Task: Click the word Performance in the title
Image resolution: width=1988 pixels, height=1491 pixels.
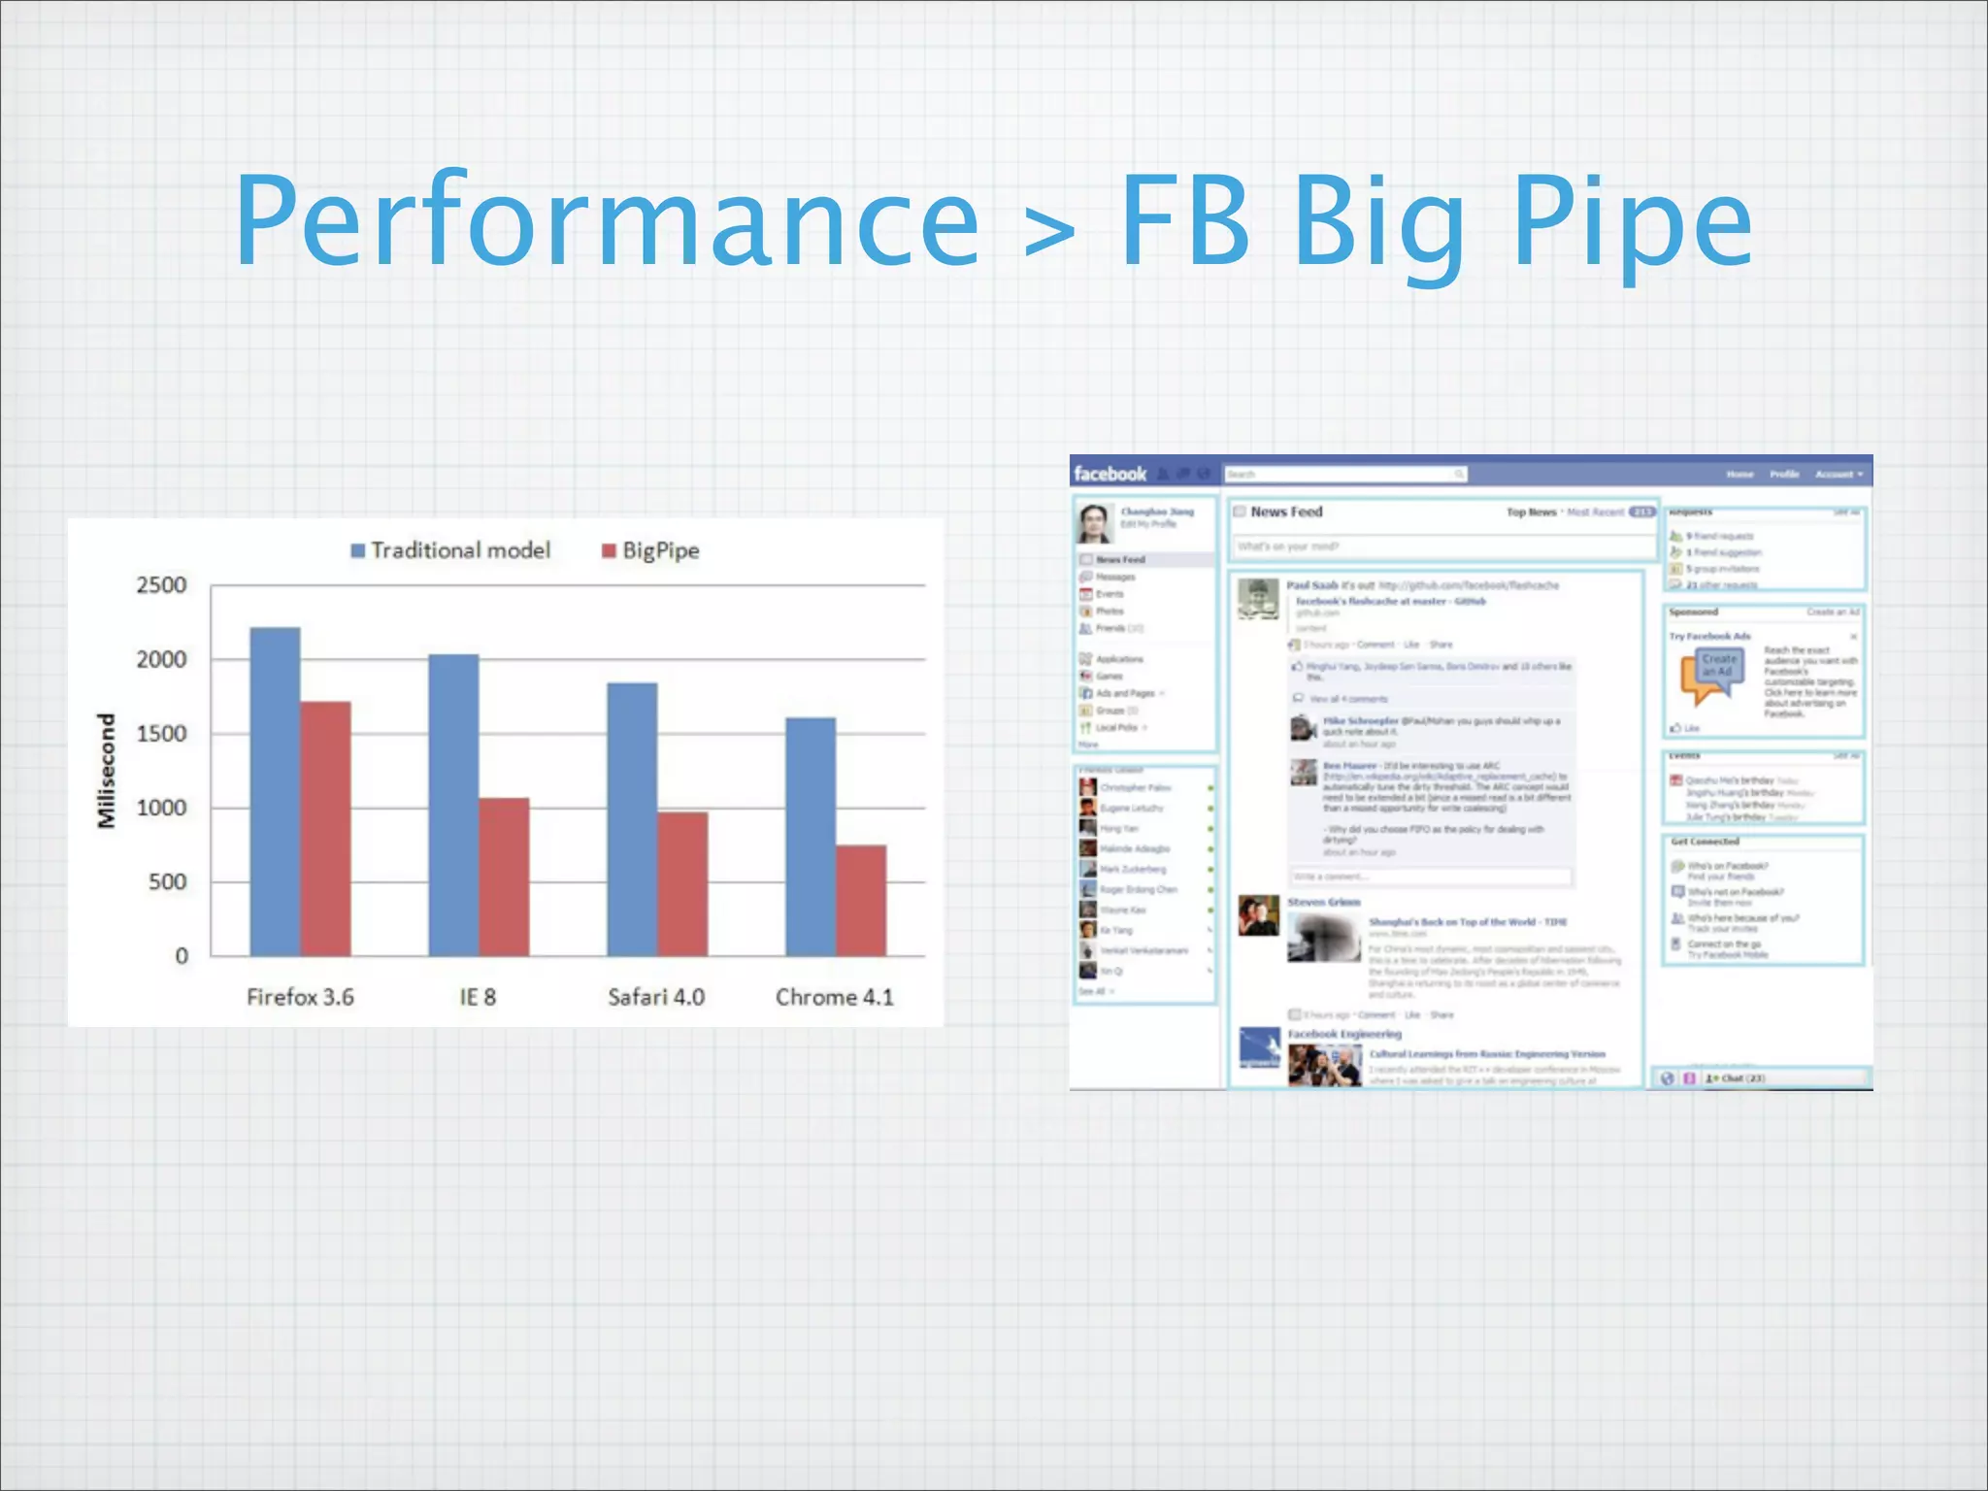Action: coord(607,221)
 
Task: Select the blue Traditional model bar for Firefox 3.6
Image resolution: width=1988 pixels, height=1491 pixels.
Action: coord(275,791)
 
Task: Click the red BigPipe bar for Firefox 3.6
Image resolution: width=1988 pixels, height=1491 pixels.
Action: coord(326,828)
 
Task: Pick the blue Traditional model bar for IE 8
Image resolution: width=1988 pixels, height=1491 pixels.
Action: coord(453,805)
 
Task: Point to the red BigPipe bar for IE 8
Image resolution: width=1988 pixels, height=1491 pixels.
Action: coord(505,877)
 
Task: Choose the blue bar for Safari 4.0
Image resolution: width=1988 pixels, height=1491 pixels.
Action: coord(632,819)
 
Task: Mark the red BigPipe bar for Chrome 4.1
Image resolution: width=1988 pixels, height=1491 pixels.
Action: coord(861,900)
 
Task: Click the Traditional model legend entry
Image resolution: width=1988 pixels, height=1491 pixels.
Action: coord(450,550)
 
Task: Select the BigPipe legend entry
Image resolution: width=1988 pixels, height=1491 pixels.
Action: coord(650,550)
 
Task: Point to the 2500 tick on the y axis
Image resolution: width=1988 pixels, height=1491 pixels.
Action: coord(161,585)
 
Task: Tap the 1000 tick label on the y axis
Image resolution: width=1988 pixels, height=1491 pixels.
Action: coord(161,808)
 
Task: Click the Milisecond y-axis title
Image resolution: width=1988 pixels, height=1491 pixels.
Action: coord(107,771)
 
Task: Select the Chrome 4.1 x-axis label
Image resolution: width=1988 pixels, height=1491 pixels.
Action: coord(834,997)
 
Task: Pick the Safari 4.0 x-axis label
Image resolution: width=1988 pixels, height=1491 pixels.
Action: coord(656,997)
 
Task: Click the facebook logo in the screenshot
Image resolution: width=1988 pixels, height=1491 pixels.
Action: coord(1110,474)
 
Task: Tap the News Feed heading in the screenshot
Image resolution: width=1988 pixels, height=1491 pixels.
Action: coord(1286,512)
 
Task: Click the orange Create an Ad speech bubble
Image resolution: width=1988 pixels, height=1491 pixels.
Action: coord(1712,673)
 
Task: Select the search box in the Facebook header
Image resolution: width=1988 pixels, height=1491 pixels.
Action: coord(1344,474)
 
